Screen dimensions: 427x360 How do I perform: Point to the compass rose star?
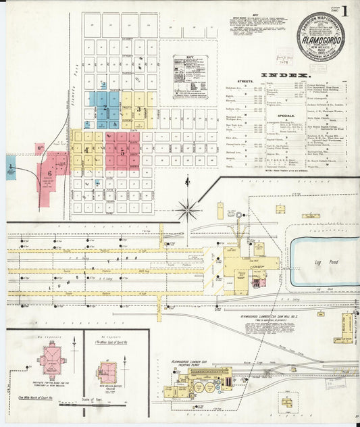(x=188, y=209)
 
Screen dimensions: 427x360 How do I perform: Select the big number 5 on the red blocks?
(x=122, y=151)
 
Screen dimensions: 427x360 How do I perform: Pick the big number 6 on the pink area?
(x=50, y=172)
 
